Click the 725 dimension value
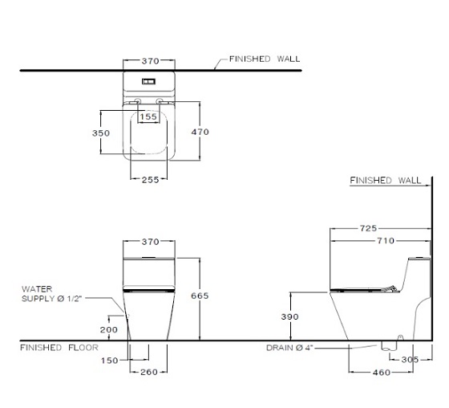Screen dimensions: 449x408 [x=368, y=228]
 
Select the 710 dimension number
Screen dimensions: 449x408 [x=386, y=241]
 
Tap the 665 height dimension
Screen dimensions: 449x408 [x=200, y=296]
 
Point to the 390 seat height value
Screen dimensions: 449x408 [x=289, y=316]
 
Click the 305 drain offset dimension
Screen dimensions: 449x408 [x=410, y=360]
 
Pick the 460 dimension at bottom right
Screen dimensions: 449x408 [x=382, y=373]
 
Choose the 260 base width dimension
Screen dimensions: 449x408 [x=149, y=372]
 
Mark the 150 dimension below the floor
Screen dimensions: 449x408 [x=109, y=361]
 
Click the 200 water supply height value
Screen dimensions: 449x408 [x=109, y=329]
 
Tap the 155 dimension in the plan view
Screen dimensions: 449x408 [x=148, y=116]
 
